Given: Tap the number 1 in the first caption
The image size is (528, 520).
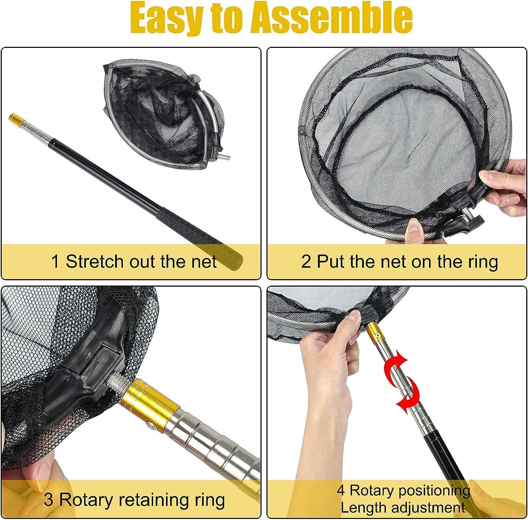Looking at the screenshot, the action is pyautogui.click(x=55, y=262).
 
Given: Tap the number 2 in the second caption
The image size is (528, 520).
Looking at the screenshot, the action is pyautogui.click(x=306, y=262).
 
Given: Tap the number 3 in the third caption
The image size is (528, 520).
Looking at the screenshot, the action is pyautogui.click(x=48, y=500).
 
